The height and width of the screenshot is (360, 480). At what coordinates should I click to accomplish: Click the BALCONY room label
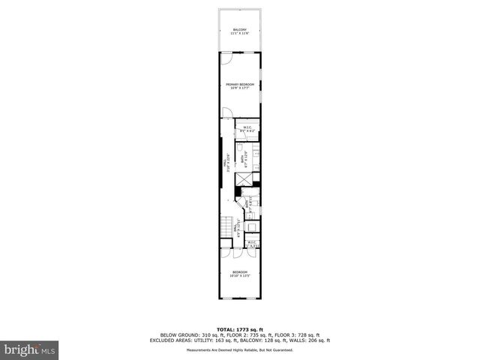(240, 31)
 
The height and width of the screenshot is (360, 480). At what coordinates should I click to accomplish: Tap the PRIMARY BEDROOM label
(240, 86)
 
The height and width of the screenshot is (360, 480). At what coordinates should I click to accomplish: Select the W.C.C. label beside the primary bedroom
(247, 129)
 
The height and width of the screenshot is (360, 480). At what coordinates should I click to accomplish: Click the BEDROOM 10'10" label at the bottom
(240, 273)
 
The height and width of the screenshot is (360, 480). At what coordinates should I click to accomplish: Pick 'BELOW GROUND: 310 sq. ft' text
(187, 334)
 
